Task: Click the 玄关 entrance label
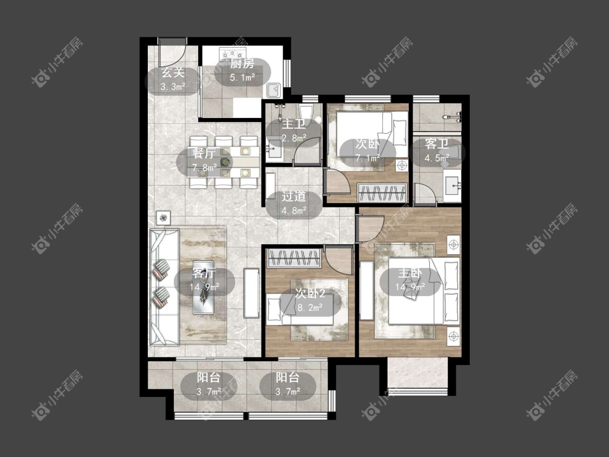pyautogui.click(x=173, y=72)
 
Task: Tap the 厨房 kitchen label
pyautogui.click(x=242, y=63)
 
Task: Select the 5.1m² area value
pyautogui.click(x=242, y=77)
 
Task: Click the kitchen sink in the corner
pyautogui.click(x=274, y=90)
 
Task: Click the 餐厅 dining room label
pyautogui.click(x=204, y=153)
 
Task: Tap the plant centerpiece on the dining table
pyautogui.click(x=224, y=162)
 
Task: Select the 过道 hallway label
pyautogui.click(x=293, y=196)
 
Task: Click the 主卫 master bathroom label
pyautogui.click(x=293, y=123)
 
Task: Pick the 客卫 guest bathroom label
pyautogui.click(x=437, y=143)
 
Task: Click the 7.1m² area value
pyautogui.click(x=368, y=158)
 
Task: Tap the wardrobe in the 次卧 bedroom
pyautogui.click(x=382, y=192)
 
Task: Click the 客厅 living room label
pyautogui.click(x=204, y=273)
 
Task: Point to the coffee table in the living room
pyautogui.click(x=204, y=288)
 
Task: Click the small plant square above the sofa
pyautogui.click(x=163, y=218)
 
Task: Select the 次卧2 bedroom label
pyautogui.click(x=310, y=293)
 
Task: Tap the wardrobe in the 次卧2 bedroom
pyautogui.click(x=294, y=258)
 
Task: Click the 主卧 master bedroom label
pyautogui.click(x=410, y=273)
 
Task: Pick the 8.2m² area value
pyautogui.click(x=310, y=308)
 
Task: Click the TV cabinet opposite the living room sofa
pyautogui.click(x=252, y=293)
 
